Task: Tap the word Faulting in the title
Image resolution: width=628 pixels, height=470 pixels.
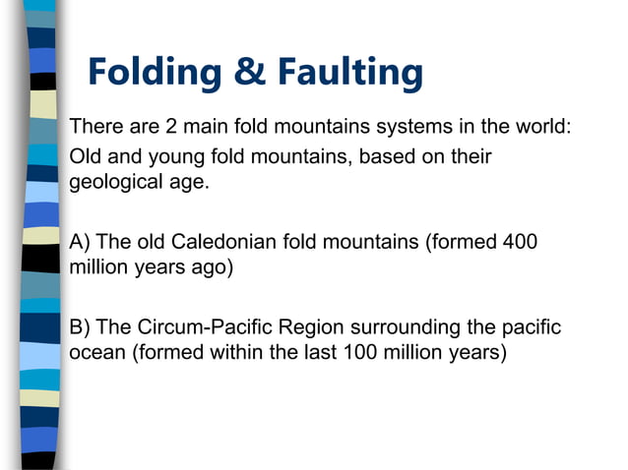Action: (x=349, y=72)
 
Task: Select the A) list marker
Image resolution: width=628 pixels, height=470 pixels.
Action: (x=81, y=242)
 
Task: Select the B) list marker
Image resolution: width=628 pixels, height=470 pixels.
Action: (x=81, y=326)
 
